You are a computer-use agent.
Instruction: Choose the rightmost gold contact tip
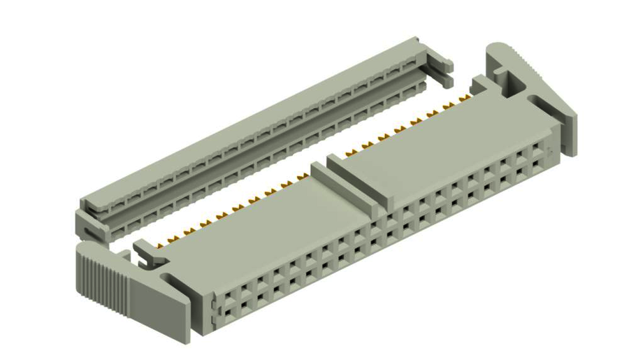pos(462,101)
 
